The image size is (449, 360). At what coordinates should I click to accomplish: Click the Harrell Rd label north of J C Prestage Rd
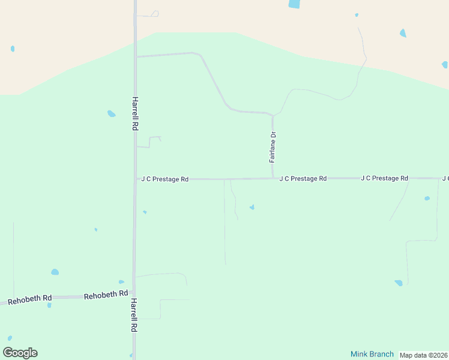point(136,114)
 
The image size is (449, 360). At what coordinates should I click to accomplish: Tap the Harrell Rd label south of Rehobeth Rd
point(134,316)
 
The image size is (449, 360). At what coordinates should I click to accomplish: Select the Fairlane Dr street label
point(273,148)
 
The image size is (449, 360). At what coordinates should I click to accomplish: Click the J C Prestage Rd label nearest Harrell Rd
point(165,179)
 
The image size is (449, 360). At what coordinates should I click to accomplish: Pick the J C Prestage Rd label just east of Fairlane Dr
point(303,178)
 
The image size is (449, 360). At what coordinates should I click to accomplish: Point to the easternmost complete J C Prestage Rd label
point(384,178)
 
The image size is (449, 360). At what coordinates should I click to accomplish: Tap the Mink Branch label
point(372,354)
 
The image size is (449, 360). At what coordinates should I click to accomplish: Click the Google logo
point(20,353)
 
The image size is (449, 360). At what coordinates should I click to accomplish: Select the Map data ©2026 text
point(424,355)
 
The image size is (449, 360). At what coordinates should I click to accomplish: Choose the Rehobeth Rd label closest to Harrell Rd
point(106,295)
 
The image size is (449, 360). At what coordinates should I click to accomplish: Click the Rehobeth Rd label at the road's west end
point(29,298)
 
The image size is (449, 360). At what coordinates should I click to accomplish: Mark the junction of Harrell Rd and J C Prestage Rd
point(135,179)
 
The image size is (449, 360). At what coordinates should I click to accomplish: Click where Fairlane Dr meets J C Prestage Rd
point(273,178)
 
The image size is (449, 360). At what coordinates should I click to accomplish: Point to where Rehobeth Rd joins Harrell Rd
point(134,295)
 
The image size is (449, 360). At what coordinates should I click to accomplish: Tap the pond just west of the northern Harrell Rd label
point(111,113)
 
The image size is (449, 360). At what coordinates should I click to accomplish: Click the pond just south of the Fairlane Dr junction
point(252,208)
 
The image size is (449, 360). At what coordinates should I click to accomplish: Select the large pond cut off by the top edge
point(294,4)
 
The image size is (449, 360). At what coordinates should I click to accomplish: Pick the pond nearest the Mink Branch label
point(399,283)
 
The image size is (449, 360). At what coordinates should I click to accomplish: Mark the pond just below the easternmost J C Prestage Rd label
point(427,198)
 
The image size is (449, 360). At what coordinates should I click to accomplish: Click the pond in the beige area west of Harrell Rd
point(13,49)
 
